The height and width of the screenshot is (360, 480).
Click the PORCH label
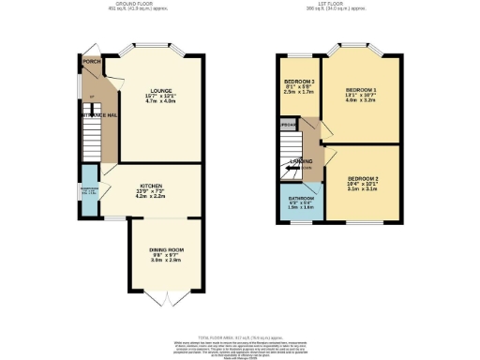coord(91,62)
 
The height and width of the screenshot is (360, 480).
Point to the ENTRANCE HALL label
coord(97,114)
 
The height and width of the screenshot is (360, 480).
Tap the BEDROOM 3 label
coord(298,81)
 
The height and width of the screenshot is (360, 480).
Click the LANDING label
coord(301,161)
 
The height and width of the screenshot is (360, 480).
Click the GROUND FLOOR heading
coord(139,5)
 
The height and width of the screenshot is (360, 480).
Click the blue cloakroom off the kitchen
coord(89,190)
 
